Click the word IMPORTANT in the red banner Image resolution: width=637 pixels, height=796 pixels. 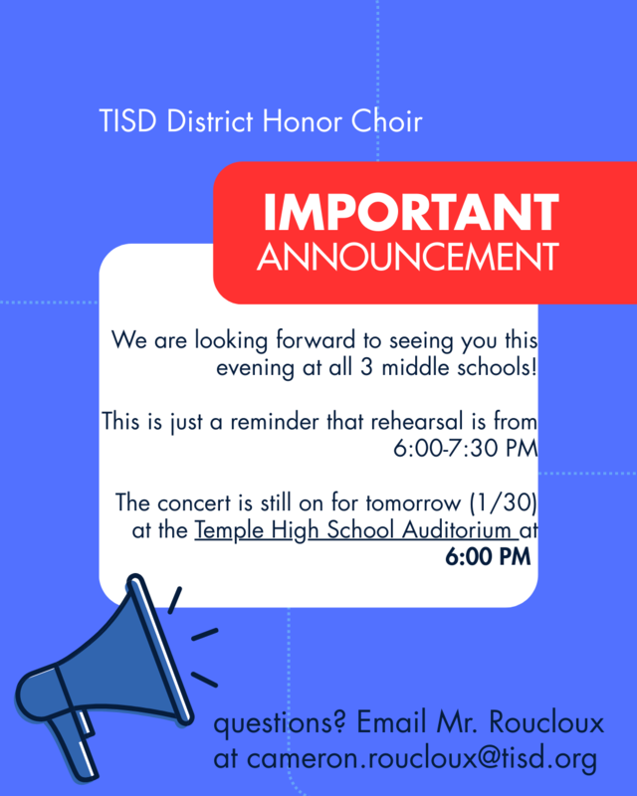[x=410, y=212]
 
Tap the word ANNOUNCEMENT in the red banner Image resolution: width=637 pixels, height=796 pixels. [x=407, y=257]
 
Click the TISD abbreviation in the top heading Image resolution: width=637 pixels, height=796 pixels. [x=127, y=122]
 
